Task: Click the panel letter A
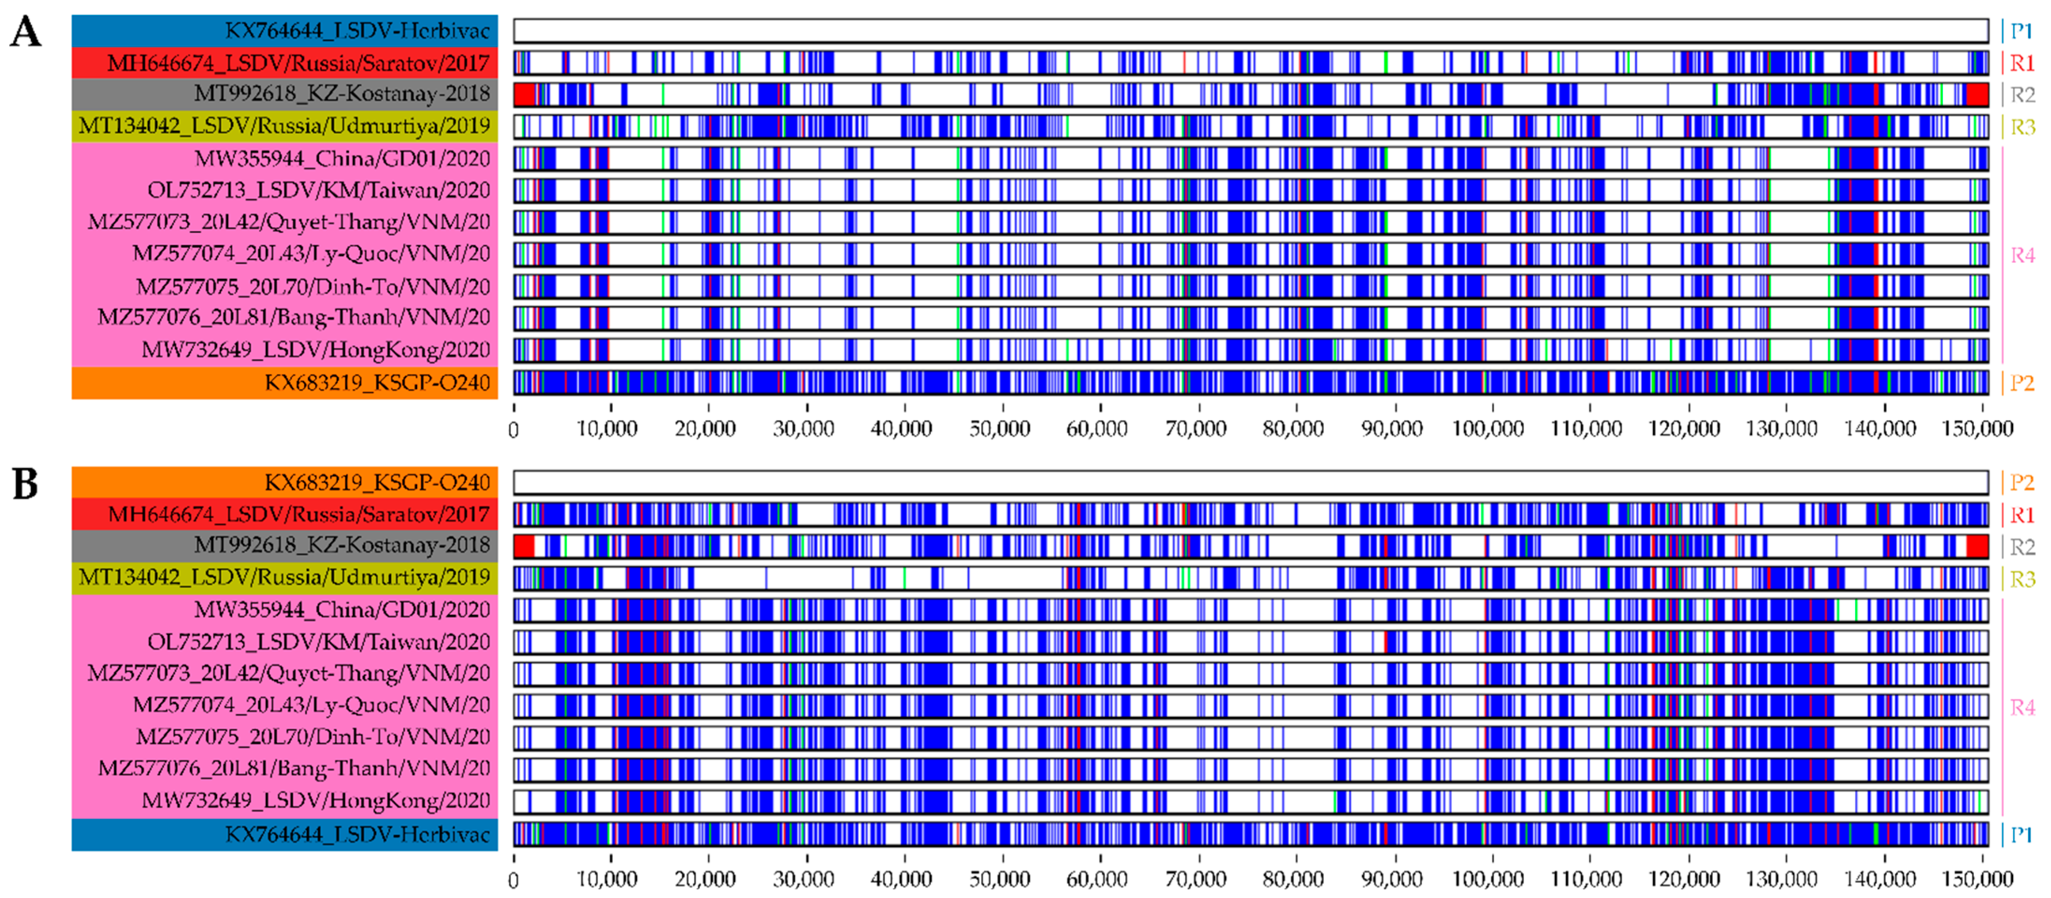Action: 25,33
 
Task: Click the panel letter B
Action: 25,483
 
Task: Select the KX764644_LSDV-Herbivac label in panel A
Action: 357,31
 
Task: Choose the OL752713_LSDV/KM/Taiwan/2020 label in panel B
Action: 318,642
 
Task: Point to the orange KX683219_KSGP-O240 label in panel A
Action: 376,383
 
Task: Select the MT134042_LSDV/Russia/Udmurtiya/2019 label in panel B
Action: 284,577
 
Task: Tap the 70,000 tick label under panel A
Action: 1195,429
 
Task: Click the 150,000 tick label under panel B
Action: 1977,880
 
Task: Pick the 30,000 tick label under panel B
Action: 803,880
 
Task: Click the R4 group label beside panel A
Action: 2022,255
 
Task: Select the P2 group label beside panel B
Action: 2022,482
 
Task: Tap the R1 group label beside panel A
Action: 2022,63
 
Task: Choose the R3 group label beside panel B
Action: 2022,579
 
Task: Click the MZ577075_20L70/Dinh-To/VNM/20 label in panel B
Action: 313,736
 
